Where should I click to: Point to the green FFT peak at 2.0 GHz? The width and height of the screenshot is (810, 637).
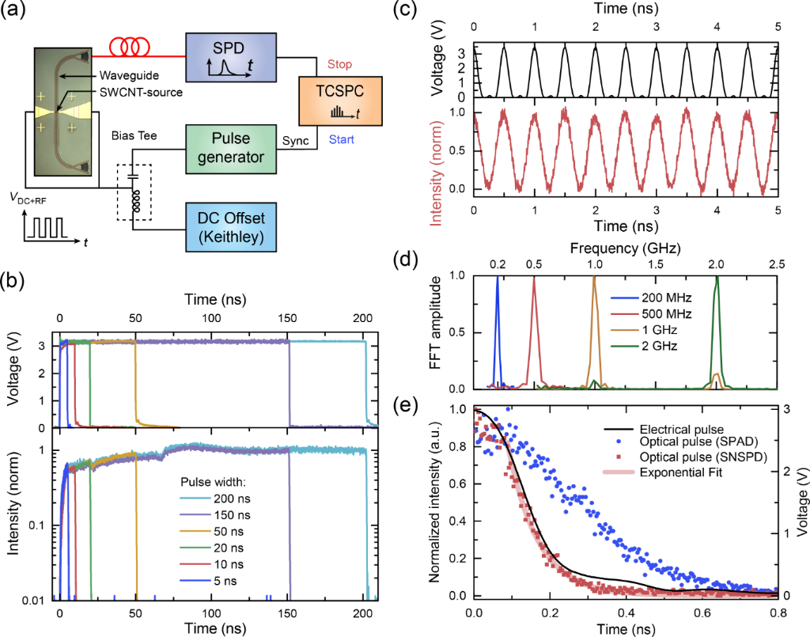717,279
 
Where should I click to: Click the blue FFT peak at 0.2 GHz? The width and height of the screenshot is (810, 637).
498,279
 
